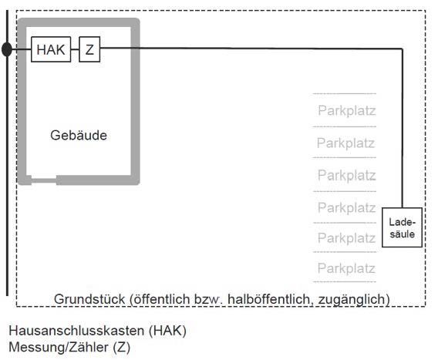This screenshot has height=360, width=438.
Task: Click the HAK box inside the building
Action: (x=51, y=49)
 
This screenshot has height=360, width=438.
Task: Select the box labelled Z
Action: (x=89, y=49)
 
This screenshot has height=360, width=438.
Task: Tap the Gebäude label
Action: (x=79, y=136)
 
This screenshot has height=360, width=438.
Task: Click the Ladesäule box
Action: (x=402, y=227)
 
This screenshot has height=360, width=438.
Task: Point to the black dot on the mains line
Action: (x=7, y=49)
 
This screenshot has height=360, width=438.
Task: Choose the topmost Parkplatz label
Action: (x=347, y=110)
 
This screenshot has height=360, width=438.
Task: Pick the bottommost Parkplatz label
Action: (x=346, y=268)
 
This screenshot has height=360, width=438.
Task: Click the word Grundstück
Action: (x=89, y=299)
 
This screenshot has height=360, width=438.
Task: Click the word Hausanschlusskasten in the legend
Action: (x=76, y=331)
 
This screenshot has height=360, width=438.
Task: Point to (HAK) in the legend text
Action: (x=167, y=331)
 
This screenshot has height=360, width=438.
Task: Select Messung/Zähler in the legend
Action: (x=59, y=348)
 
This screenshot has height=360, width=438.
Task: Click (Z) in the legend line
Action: (x=122, y=348)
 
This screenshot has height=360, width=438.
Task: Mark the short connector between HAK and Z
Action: (x=75, y=49)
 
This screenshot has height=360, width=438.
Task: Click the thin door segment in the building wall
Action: (x=44, y=180)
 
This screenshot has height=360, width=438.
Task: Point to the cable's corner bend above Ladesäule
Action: (x=403, y=49)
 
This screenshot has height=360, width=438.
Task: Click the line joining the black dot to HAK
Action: (x=22, y=49)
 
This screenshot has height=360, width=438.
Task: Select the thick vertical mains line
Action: (x=7, y=153)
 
